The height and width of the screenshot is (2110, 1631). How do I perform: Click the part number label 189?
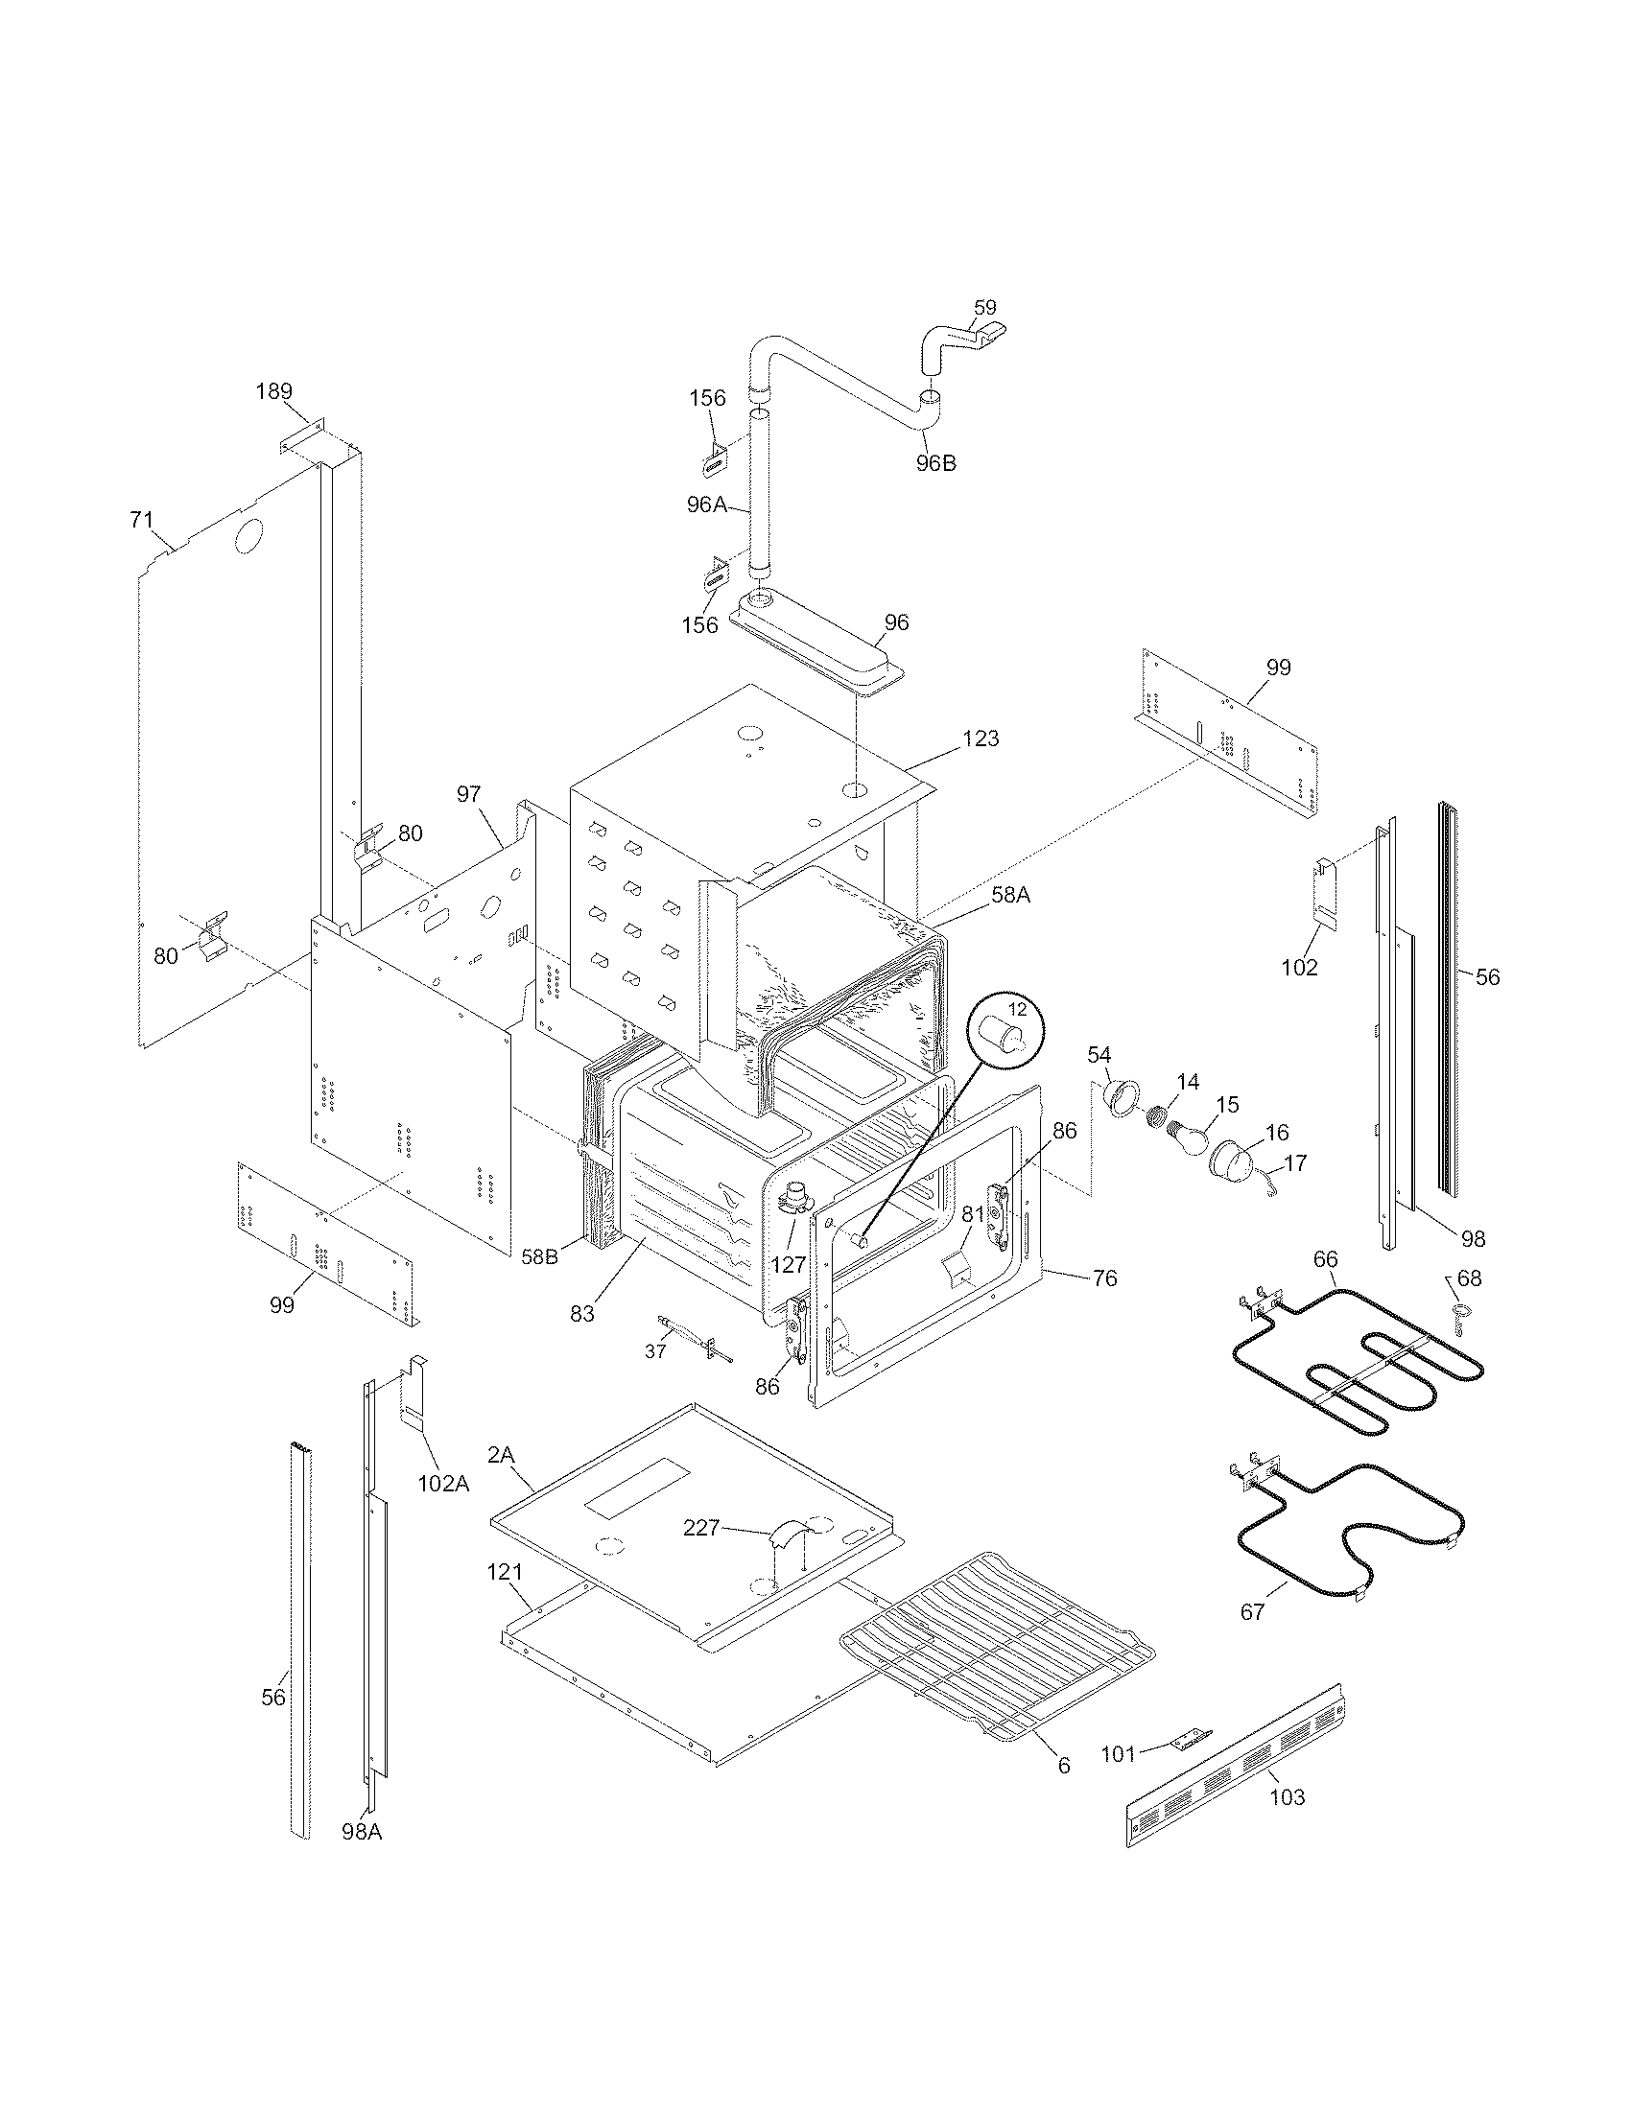(273, 391)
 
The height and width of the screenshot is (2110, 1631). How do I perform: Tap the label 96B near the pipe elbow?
(935, 463)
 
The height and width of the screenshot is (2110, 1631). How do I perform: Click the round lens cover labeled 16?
(1229, 1160)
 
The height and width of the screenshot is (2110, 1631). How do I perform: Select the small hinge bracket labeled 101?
(1190, 1739)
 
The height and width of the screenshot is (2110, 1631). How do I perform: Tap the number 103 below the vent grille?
(1286, 1797)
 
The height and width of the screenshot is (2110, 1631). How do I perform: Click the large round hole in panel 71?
(248, 537)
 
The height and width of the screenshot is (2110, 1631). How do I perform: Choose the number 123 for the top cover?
(981, 738)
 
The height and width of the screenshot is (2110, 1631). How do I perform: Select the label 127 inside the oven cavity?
(788, 1264)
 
